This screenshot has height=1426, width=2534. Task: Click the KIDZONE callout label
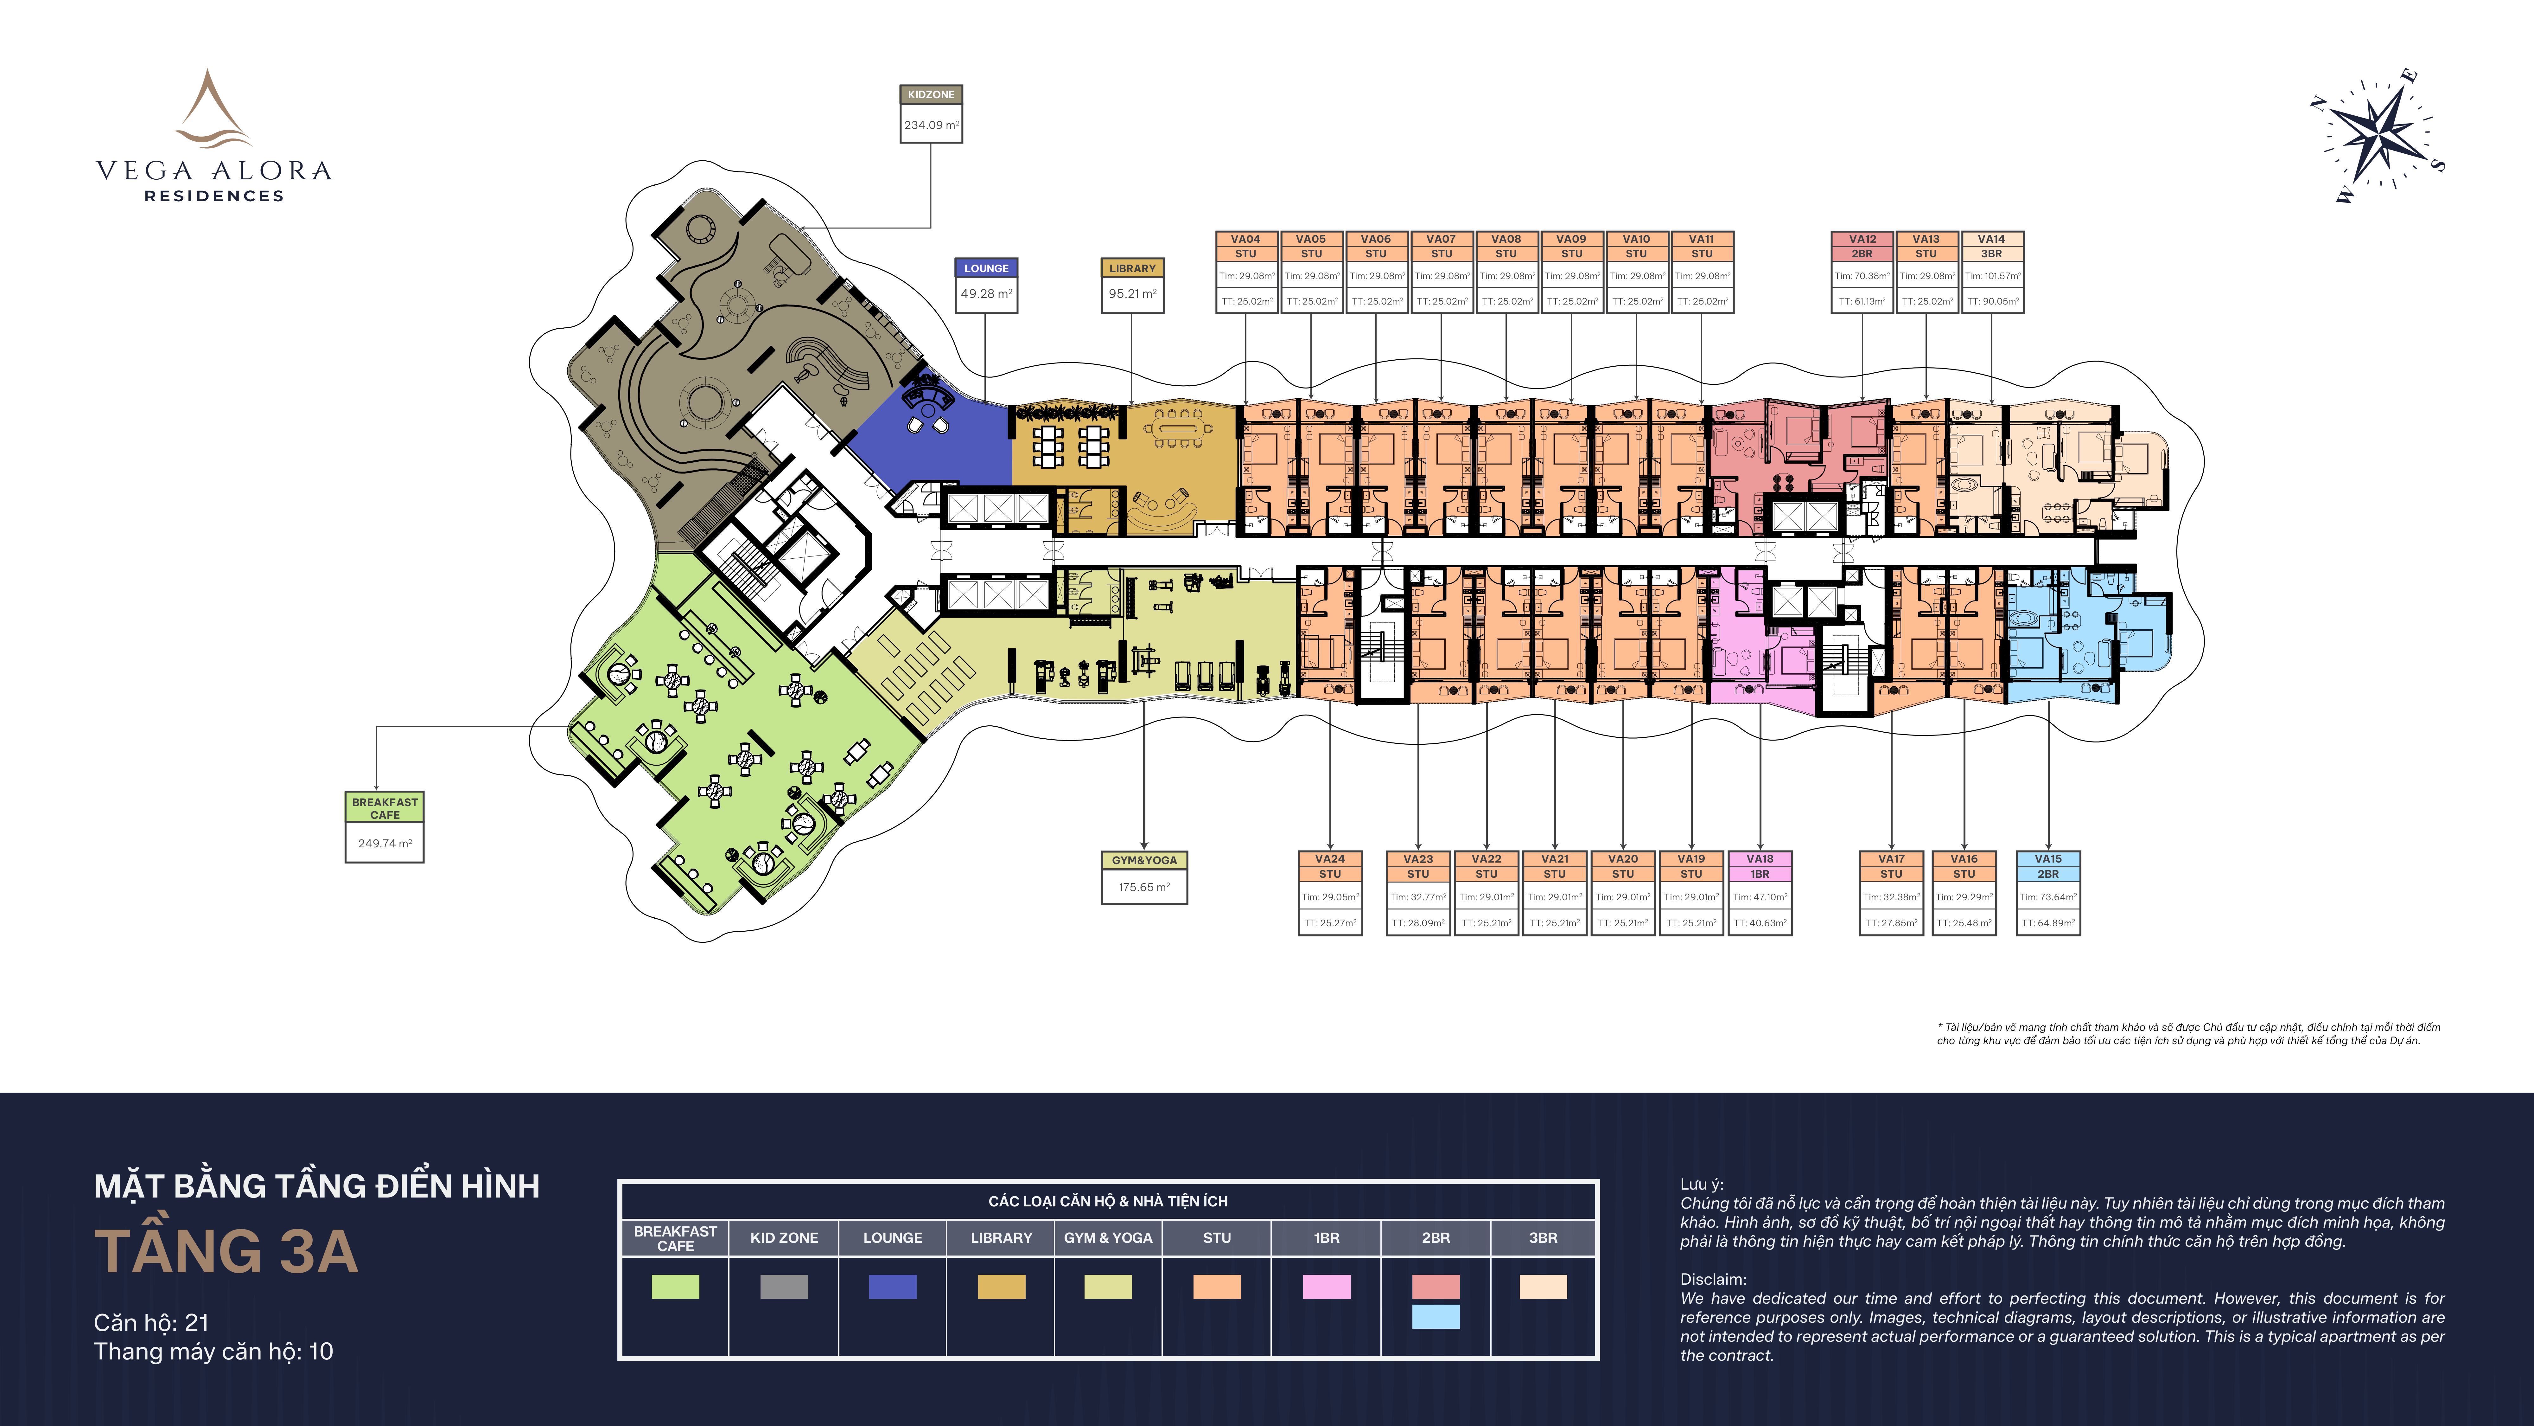click(x=931, y=94)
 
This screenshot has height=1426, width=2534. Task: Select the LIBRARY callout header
click(x=1132, y=268)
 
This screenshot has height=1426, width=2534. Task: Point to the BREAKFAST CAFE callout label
click(x=385, y=808)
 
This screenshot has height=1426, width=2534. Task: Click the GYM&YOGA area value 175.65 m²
click(x=1144, y=887)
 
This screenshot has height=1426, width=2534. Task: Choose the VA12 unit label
click(x=1862, y=239)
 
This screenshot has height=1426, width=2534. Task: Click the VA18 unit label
click(x=1760, y=859)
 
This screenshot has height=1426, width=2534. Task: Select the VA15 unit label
click(x=2048, y=859)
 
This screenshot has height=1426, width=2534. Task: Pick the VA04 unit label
click(x=1245, y=239)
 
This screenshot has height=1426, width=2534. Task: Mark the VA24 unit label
click(x=1330, y=859)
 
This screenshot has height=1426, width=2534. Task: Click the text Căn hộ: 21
click(x=151, y=1323)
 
